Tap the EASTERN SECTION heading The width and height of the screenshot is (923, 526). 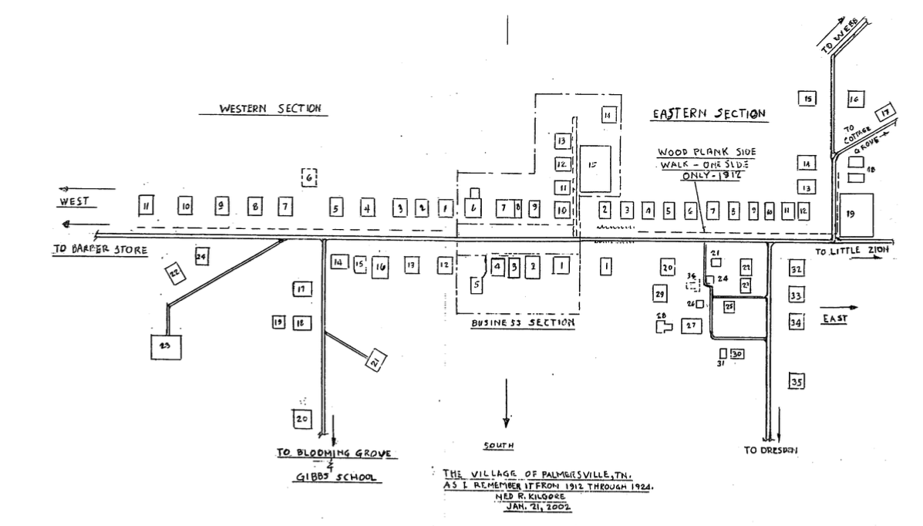[709, 114]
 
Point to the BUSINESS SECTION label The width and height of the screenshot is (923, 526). [523, 324]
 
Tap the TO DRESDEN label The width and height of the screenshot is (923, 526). [770, 450]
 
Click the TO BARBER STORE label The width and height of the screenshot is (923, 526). [99, 251]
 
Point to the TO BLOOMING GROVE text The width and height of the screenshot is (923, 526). [337, 454]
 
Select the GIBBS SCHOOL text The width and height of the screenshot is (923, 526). [337, 478]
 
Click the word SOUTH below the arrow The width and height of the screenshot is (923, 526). [498, 446]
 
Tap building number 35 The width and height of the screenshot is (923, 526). [797, 382]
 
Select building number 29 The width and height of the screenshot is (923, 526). [659, 294]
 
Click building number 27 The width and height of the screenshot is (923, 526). [691, 326]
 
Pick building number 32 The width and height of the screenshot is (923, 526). [797, 268]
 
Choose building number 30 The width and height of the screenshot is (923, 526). [737, 354]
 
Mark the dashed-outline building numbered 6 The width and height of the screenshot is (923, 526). [309, 178]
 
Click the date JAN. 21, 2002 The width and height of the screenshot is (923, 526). [545, 509]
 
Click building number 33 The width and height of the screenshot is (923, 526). [797, 295]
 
